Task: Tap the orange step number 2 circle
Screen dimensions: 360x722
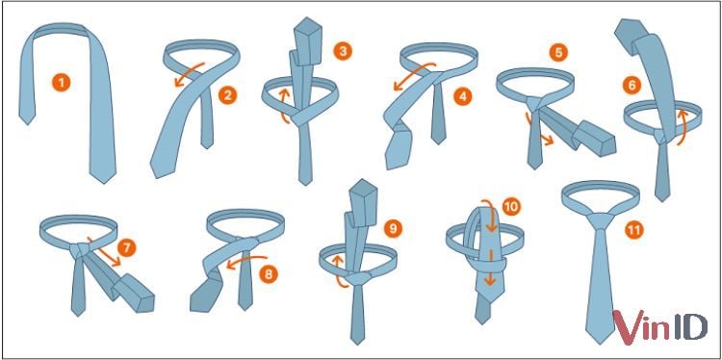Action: pos(228,94)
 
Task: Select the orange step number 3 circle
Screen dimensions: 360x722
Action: pos(342,48)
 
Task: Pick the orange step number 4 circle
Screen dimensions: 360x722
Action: pos(463,95)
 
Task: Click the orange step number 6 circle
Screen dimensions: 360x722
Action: pos(632,84)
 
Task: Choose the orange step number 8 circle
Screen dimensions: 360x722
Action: pos(269,273)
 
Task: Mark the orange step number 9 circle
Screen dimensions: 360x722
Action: pos(392,228)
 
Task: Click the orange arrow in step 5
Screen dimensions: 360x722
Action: pos(538,129)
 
